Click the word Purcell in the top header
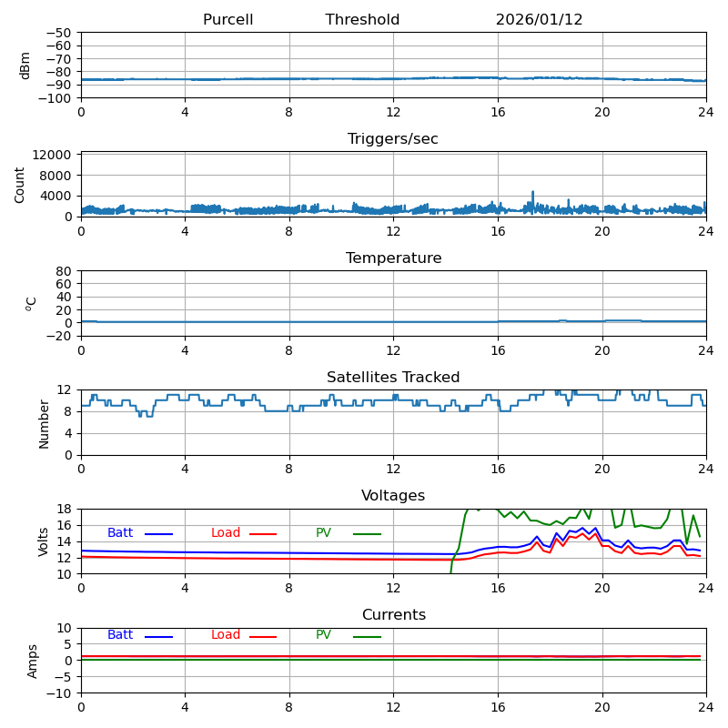pyautogui.click(x=227, y=20)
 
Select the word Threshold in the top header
pyautogui.click(x=362, y=20)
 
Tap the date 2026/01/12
pyautogui.click(x=539, y=20)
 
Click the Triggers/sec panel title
pyautogui.click(x=393, y=139)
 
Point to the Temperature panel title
pyautogui.click(x=393, y=258)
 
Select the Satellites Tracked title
pyautogui.click(x=393, y=378)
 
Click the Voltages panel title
pyautogui.click(x=393, y=496)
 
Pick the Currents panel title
pyautogui.click(x=393, y=615)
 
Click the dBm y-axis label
pyautogui.click(x=25, y=65)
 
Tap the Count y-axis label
pyautogui.click(x=20, y=184)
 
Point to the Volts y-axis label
pyautogui.click(x=44, y=541)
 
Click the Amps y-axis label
pyautogui.click(x=33, y=661)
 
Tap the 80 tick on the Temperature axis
pyautogui.click(x=65, y=271)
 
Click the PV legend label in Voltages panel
pyautogui.click(x=323, y=533)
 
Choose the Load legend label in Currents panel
pyautogui.click(x=226, y=635)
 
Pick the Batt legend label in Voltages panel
pyautogui.click(x=120, y=533)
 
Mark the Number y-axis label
pyautogui.click(x=44, y=423)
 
